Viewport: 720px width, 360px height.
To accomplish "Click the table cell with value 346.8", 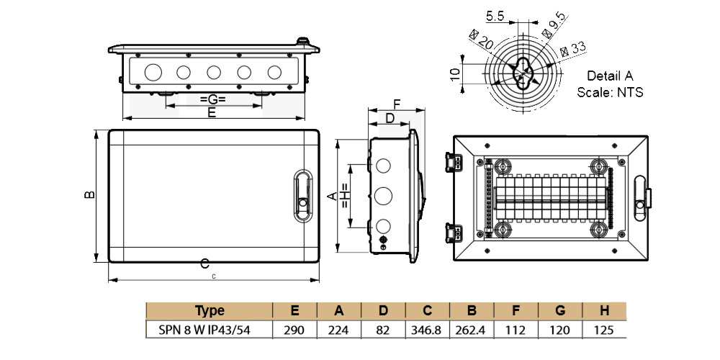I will coord(427,330).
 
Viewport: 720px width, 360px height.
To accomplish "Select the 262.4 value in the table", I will coord(472,330).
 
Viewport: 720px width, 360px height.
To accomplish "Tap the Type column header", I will coord(210,311).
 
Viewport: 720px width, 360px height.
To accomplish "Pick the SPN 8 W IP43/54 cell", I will coord(210,330).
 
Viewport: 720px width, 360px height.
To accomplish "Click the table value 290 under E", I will coord(295,330).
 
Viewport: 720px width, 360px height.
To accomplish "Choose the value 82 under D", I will coord(383,330).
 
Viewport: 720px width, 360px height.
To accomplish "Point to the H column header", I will coord(605,311).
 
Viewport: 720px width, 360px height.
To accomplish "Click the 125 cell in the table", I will coord(605,330).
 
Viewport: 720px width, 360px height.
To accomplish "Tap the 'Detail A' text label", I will coord(610,76).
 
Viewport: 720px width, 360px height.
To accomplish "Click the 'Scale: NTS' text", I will coord(610,92).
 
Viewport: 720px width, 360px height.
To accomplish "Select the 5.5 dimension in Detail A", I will coord(495,15).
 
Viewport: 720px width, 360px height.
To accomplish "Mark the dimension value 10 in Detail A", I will coord(454,73).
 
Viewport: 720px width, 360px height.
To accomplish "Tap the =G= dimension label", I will coord(213,99).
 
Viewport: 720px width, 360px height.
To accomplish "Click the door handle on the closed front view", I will coord(302,194).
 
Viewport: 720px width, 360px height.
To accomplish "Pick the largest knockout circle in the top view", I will coord(152,72).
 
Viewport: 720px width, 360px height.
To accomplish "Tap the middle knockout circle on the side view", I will coord(382,194).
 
